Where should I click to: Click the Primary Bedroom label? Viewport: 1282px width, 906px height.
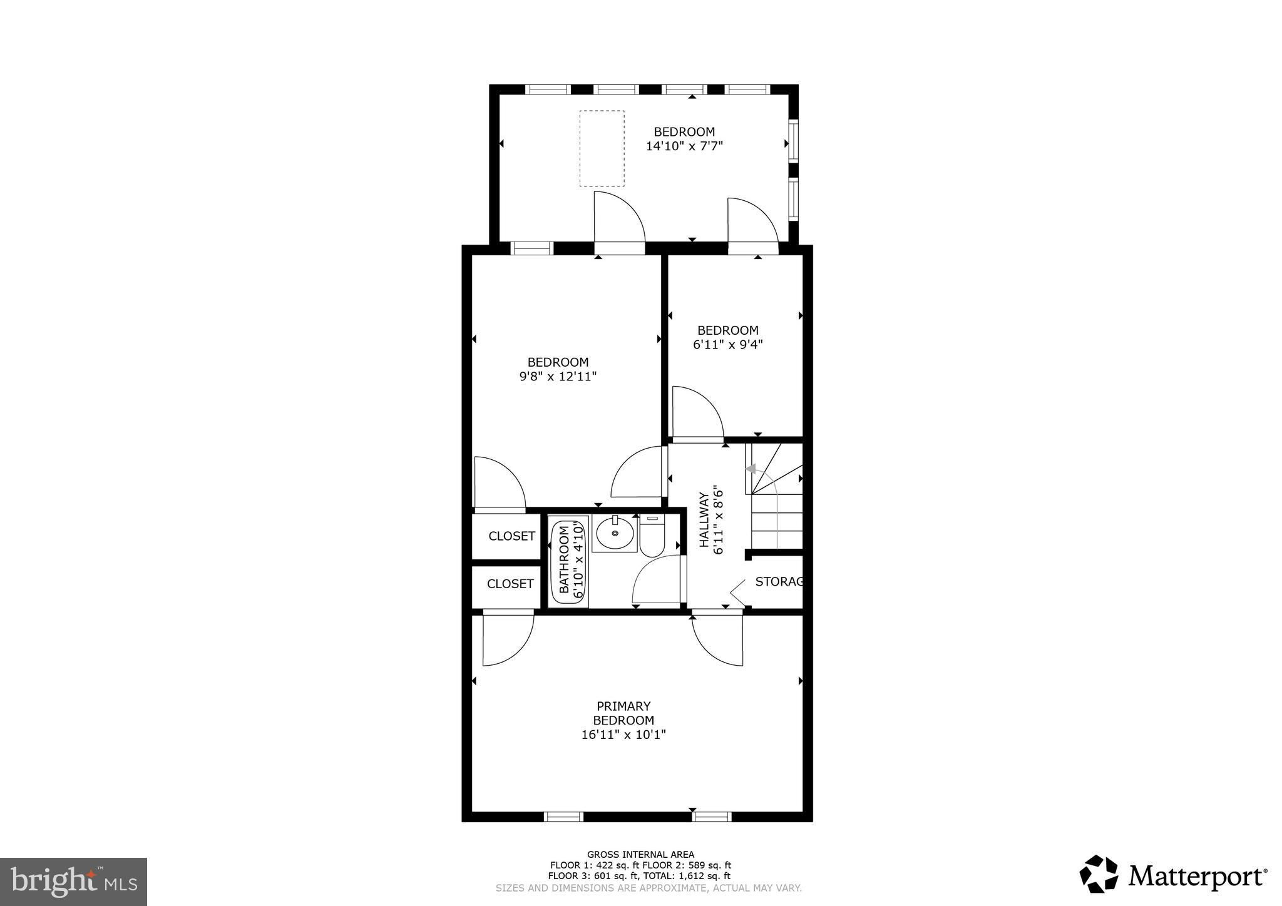623,713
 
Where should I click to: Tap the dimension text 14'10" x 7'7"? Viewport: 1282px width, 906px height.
684,146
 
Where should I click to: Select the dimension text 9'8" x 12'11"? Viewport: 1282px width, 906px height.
558,377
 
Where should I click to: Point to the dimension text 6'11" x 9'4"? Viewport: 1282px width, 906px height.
727,344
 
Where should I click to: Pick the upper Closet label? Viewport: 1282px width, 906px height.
511,536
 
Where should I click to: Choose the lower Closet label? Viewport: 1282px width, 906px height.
510,584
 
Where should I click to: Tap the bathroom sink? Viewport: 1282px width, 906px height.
614,534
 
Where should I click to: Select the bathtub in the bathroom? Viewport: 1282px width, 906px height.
568,561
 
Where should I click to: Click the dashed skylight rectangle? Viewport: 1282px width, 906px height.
602,148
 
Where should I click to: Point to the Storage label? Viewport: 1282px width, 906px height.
779,582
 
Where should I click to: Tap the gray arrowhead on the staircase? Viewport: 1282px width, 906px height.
751,469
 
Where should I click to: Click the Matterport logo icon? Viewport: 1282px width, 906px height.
1099,874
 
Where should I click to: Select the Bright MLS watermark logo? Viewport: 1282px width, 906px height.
74,881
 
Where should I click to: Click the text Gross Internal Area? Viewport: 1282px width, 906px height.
640,855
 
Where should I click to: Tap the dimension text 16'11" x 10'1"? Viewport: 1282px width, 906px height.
623,735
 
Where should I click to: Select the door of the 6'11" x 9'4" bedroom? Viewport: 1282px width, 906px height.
697,413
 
